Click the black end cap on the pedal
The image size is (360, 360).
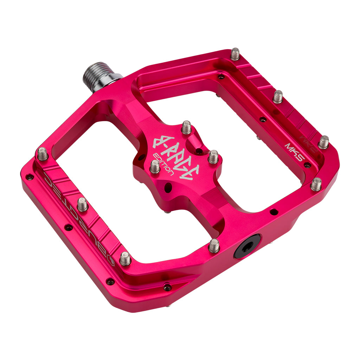247,246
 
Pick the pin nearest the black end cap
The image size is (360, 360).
214,246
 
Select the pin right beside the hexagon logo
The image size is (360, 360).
125,259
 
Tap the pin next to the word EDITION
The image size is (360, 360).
155,167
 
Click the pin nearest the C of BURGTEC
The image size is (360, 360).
43,154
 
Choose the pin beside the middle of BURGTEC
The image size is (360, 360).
82,205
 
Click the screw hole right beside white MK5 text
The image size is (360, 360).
307,165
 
